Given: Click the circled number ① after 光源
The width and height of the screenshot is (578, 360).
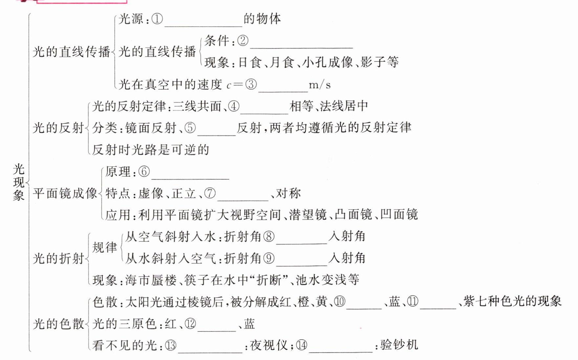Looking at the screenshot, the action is click(x=157, y=19).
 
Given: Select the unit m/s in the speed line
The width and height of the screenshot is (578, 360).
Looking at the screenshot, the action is click(x=319, y=85).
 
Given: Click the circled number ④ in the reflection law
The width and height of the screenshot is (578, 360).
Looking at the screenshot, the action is click(x=234, y=106).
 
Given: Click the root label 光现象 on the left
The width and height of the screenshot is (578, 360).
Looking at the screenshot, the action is click(x=19, y=182).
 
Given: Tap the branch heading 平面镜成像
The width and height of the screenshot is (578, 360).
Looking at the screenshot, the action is click(x=65, y=193).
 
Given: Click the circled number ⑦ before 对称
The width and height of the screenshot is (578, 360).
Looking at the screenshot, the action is click(x=210, y=193).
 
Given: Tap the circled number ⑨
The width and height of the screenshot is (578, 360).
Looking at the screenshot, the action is click(x=269, y=259).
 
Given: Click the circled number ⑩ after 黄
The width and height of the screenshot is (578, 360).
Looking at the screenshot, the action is click(x=340, y=302).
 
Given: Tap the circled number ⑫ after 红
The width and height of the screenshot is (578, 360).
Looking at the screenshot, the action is click(x=190, y=324).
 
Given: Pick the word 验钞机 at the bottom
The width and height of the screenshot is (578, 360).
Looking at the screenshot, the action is click(x=399, y=345).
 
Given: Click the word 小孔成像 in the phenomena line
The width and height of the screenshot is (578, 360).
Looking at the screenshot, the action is click(x=327, y=62).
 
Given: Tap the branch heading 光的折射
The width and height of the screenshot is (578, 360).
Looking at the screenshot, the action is click(x=58, y=259).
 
